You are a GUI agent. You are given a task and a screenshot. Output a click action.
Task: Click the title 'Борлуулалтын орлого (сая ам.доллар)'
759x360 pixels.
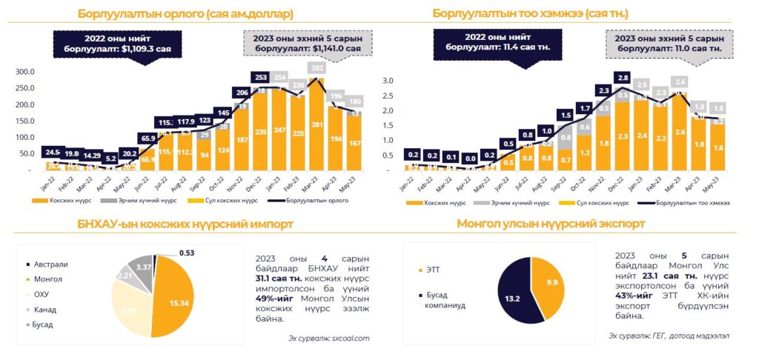[185, 13]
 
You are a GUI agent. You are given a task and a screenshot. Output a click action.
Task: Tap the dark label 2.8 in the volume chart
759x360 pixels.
[623, 77]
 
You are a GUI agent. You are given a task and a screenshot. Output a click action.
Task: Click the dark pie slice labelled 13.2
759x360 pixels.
[514, 300]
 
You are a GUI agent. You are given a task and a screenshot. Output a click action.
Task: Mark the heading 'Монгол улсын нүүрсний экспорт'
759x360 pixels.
[551, 223]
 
